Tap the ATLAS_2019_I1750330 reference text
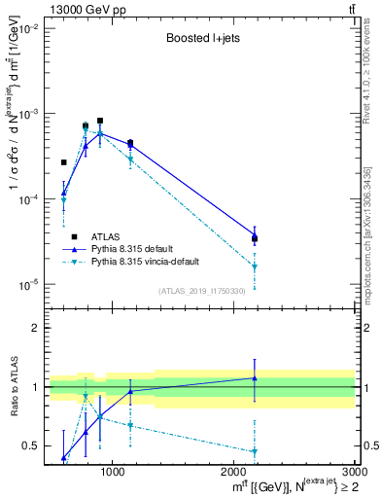tap(200, 291)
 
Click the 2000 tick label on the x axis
tap(234, 473)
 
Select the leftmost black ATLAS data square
tap(64, 162)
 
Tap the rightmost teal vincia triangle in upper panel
tap(255, 267)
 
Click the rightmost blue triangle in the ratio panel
tap(255, 378)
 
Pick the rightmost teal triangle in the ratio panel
tap(255, 451)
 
